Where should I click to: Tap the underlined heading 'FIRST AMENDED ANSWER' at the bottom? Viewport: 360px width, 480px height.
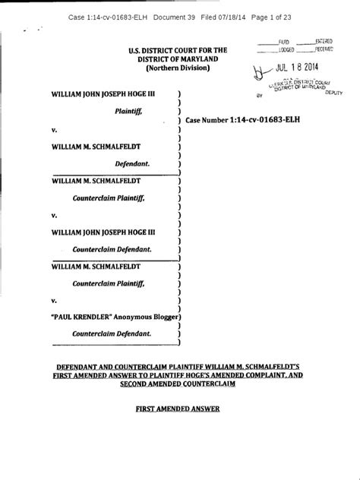click(179, 409)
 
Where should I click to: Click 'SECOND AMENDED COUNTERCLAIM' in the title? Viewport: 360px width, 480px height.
click(179, 384)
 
